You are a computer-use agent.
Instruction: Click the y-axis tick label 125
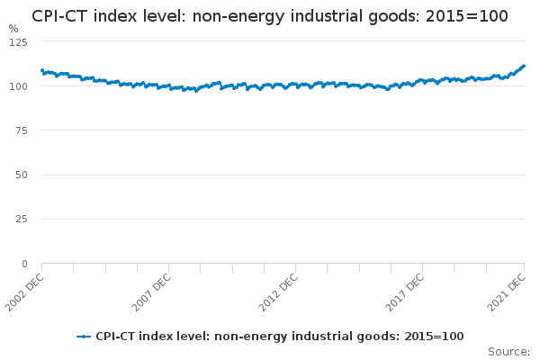19,42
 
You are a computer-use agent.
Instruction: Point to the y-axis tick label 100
19,86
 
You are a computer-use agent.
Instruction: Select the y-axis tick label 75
22,130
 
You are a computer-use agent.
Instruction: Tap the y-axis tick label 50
22,175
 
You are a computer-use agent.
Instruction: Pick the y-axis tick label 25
22,219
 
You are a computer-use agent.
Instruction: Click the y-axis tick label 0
24,264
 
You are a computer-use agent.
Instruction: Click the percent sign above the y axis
13,28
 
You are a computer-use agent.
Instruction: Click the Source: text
508,351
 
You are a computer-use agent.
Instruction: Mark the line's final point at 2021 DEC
524,66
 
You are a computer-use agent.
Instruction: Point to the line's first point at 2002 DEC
42,70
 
